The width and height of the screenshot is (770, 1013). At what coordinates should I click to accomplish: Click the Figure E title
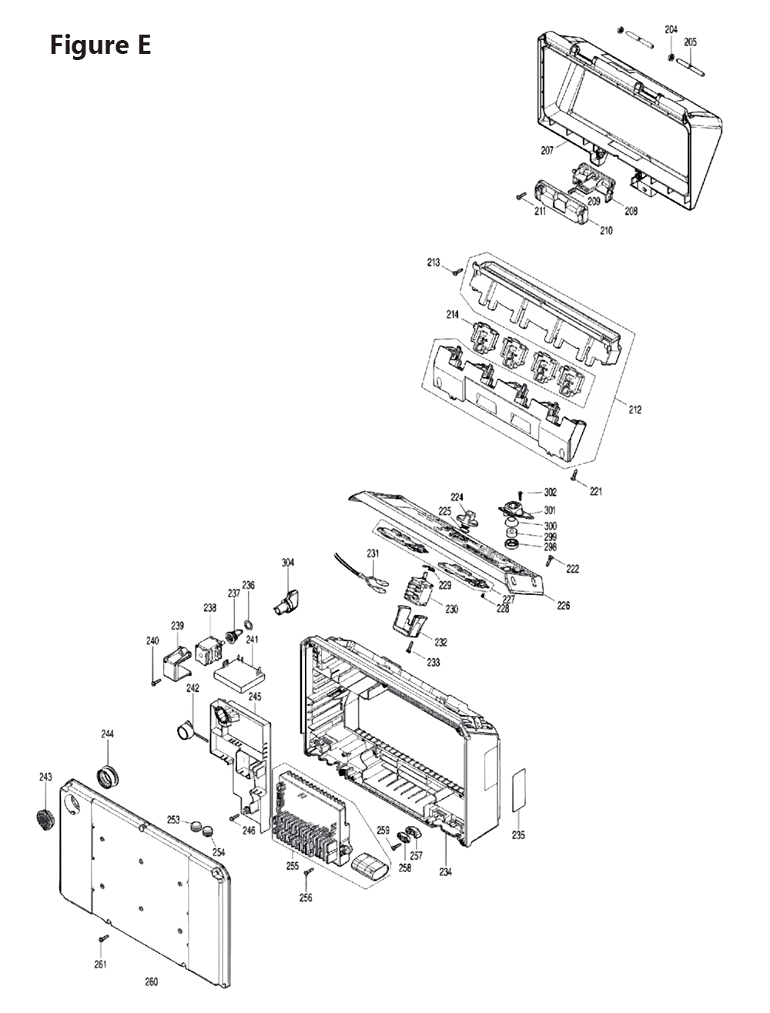[100, 45]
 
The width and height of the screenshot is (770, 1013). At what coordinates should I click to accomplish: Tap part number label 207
[547, 151]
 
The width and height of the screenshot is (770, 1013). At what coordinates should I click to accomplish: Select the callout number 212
[634, 410]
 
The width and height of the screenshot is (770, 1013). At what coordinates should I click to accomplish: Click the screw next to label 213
[456, 270]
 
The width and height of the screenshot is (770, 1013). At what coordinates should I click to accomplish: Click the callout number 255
[292, 866]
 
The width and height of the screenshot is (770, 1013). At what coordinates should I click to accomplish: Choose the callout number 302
[550, 492]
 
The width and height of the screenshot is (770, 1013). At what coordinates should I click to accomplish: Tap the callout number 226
[564, 606]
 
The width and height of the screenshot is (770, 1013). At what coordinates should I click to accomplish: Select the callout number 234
[446, 872]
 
